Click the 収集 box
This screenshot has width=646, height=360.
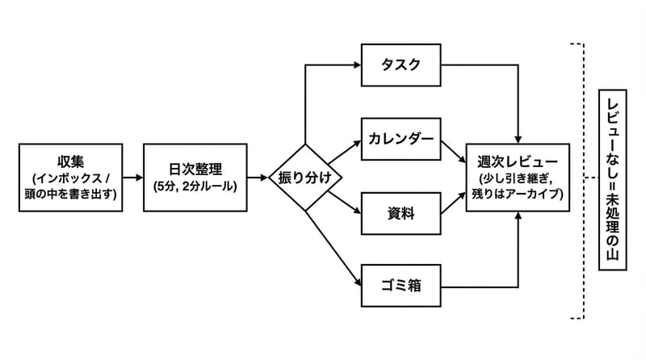(x=70, y=178)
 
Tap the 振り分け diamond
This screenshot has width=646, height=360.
(x=304, y=178)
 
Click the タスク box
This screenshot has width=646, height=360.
(x=401, y=65)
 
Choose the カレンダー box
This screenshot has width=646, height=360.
(x=401, y=140)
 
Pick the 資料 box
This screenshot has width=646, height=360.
(x=401, y=214)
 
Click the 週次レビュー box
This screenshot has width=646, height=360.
(x=518, y=178)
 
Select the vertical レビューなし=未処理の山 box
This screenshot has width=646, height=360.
(x=612, y=178)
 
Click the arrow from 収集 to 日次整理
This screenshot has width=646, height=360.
(x=133, y=178)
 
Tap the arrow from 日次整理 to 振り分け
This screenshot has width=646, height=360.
(x=258, y=178)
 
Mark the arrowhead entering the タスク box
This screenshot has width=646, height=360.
(x=356, y=65)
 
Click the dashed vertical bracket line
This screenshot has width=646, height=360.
(x=582, y=178)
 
